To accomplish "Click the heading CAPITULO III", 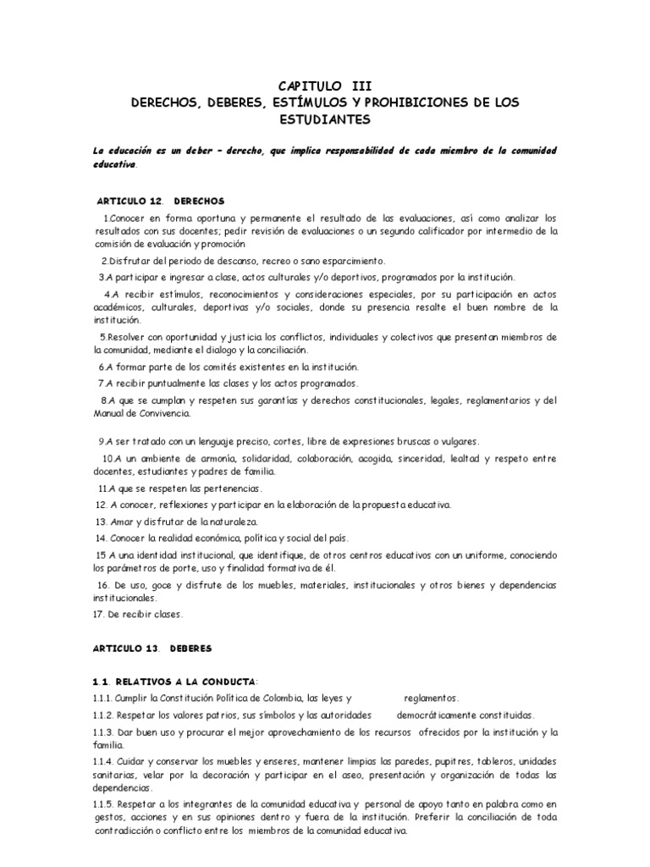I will [x=325, y=86].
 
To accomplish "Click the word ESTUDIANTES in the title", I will [x=325, y=119].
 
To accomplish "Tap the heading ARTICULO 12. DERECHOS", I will [x=161, y=202].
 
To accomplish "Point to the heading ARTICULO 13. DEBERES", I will [x=153, y=648].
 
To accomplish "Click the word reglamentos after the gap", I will [x=431, y=699].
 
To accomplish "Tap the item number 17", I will [x=100, y=614].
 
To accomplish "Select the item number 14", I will [x=102, y=538].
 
